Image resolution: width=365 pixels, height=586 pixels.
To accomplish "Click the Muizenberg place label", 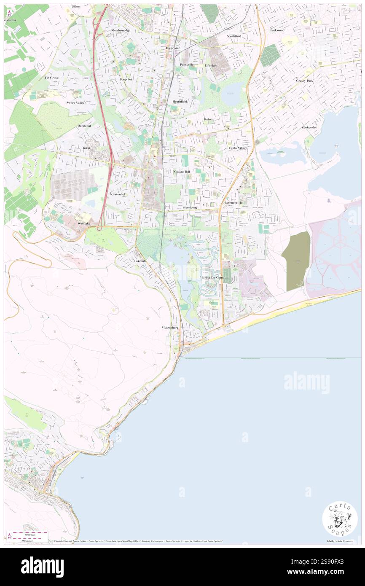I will click(x=170, y=328).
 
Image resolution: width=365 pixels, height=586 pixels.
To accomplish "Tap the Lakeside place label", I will click(x=140, y=261).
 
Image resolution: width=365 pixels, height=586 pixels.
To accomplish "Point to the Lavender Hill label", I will click(x=234, y=203).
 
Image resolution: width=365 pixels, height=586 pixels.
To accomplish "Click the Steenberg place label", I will click(x=190, y=208).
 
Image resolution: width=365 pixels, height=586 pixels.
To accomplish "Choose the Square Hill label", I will click(x=182, y=172).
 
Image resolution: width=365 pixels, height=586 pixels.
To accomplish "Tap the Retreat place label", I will click(x=209, y=119).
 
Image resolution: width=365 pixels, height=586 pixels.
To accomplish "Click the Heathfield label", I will click(x=180, y=102).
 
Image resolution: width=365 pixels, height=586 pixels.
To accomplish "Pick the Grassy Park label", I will click(x=304, y=81).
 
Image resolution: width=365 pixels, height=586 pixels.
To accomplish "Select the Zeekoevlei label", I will click(x=309, y=127).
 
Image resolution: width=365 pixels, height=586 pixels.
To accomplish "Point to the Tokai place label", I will click(x=87, y=148).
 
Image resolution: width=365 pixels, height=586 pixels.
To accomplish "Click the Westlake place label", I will click(x=84, y=223).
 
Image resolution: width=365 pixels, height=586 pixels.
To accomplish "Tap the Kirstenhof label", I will click(x=118, y=194).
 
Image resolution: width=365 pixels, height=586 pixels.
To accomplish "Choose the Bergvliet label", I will click(x=126, y=79).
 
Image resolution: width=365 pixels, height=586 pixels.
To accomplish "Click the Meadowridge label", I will click(x=121, y=30).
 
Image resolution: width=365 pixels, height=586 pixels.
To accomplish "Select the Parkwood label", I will click(x=277, y=30).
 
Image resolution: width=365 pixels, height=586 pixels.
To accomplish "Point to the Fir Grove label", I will click(x=51, y=78).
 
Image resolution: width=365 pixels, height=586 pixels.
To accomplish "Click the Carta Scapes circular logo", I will click(x=340, y=519).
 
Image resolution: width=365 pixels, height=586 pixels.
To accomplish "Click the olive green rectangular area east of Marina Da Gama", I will click(x=295, y=261).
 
